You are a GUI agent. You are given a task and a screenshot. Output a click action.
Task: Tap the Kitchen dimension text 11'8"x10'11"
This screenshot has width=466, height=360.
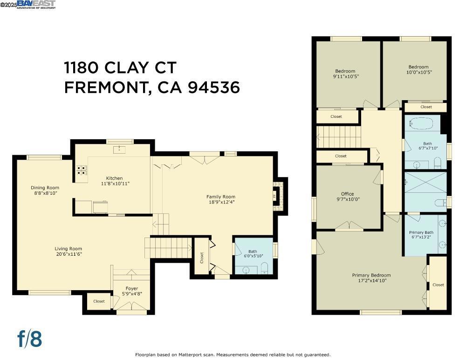(114, 183)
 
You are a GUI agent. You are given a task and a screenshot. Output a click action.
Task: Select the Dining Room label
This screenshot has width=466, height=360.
(45, 188)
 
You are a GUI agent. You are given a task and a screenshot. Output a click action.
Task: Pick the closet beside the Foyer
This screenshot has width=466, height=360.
(99, 301)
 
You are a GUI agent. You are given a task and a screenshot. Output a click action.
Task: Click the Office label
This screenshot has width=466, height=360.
(347, 194)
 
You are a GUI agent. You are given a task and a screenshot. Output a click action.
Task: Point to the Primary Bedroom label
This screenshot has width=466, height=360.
(371, 275)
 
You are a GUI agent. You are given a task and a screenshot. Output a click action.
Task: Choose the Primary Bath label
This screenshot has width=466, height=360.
(421, 232)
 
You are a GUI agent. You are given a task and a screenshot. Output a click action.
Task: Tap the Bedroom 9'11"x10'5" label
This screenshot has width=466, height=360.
(345, 71)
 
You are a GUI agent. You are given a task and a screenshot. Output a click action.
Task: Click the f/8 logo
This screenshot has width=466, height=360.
(30, 339)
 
